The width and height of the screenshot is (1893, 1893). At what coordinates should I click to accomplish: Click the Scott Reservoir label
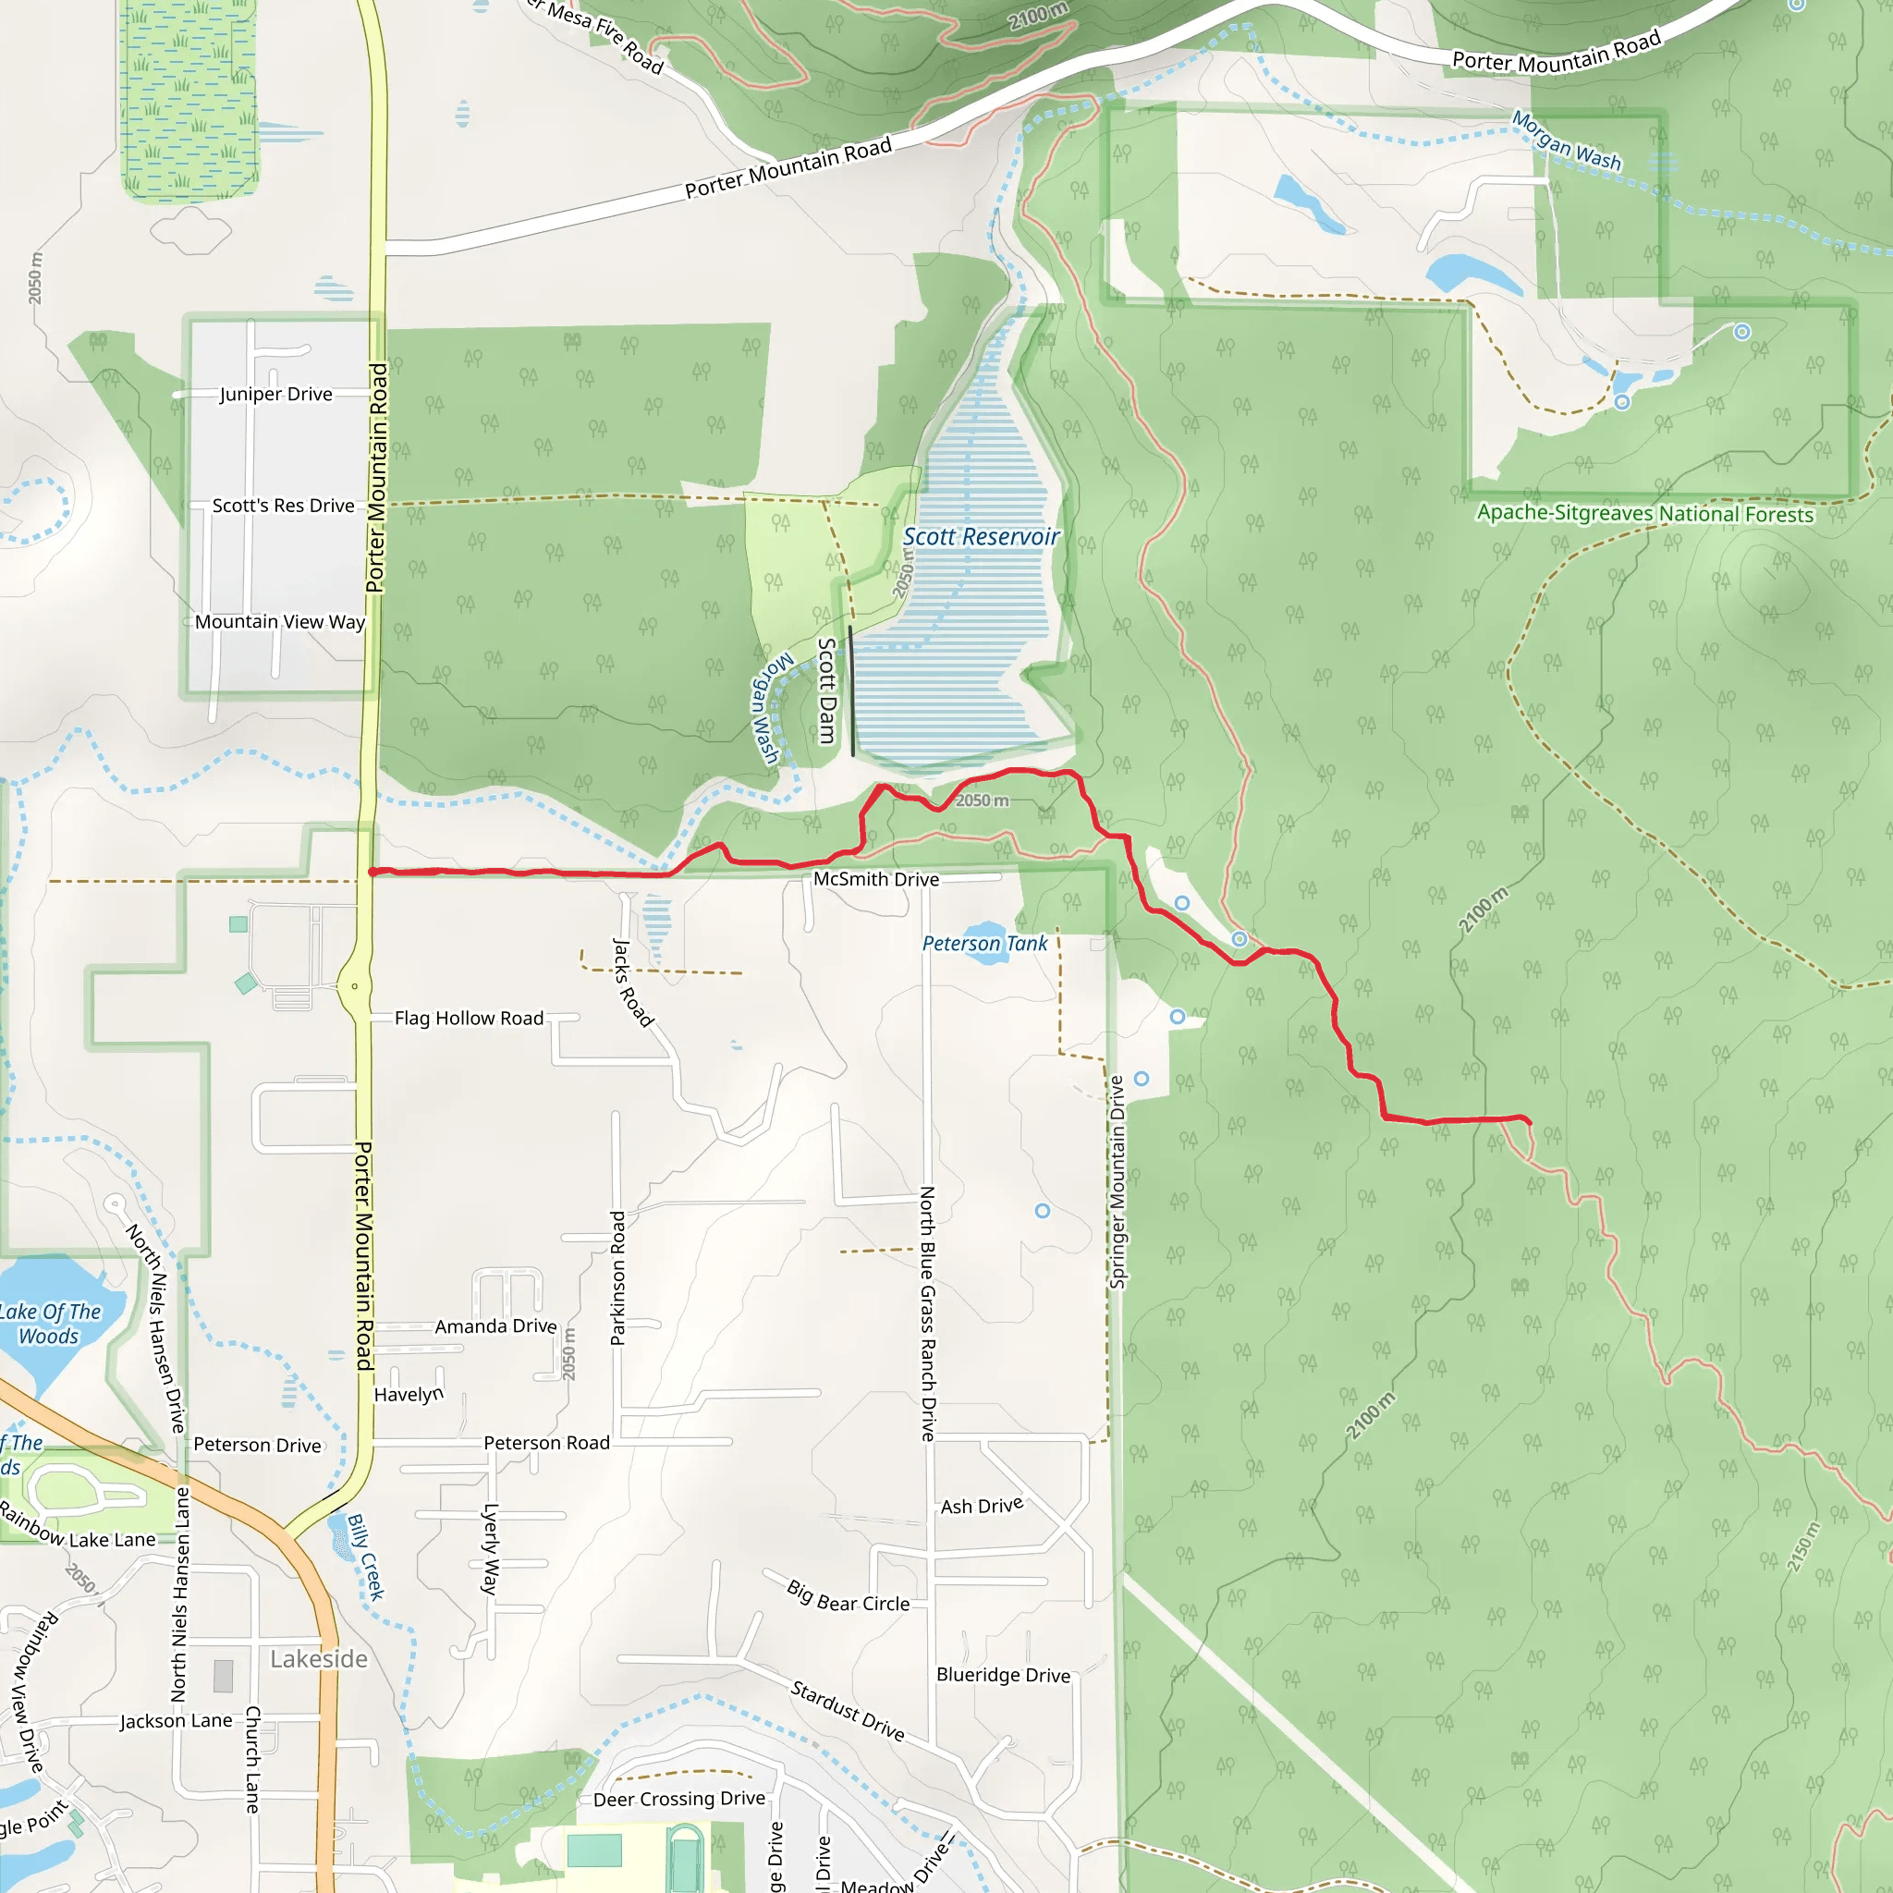click(981, 537)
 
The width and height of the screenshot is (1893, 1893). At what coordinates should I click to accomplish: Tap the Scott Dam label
click(828, 690)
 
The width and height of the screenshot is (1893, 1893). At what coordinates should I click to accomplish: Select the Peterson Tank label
click(984, 944)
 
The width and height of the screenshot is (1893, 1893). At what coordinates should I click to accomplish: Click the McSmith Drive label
click(876, 879)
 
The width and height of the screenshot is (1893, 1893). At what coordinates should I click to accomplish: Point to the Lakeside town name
click(319, 1659)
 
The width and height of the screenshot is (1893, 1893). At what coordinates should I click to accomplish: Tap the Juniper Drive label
click(276, 394)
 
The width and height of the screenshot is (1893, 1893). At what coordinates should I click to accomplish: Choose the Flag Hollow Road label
click(469, 1018)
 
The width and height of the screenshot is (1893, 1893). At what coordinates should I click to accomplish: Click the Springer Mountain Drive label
click(1117, 1181)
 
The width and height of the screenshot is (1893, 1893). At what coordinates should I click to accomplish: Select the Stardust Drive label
click(848, 1710)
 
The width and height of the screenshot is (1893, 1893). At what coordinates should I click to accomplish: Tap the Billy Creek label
click(366, 1557)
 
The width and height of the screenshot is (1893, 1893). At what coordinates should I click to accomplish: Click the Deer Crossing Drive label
click(679, 1799)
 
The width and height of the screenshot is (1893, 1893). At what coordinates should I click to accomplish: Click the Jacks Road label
click(632, 982)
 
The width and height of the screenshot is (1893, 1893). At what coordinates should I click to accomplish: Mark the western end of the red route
click(372, 871)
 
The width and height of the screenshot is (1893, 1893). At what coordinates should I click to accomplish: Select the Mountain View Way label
click(279, 621)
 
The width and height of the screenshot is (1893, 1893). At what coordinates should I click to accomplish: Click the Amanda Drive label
click(495, 1325)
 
